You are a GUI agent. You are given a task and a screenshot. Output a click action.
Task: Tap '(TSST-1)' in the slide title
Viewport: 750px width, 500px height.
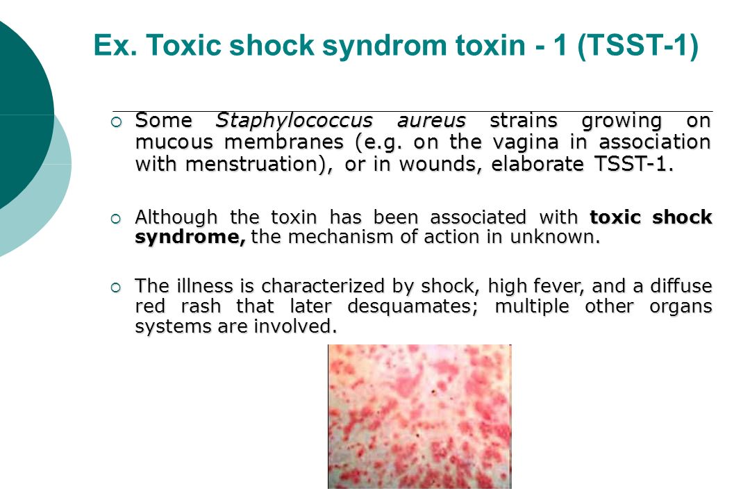click(638, 45)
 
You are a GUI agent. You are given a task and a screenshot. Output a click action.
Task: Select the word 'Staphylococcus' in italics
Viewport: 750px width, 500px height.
click(294, 121)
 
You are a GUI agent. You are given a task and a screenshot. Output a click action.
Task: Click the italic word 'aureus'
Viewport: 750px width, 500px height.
click(431, 121)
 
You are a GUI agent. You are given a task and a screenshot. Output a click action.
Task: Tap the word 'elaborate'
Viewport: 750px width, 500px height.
click(537, 164)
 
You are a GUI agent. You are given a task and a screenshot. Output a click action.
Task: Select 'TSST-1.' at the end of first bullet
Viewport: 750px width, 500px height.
click(634, 164)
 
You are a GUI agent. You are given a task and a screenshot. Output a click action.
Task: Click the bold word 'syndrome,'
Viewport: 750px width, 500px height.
click(190, 237)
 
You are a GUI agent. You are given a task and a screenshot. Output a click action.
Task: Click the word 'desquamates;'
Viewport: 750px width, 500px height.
click(412, 307)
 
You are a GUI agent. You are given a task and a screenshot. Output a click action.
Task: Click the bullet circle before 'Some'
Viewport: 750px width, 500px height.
click(116, 122)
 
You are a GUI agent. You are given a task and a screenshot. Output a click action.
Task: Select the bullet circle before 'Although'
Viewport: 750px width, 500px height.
click(116, 219)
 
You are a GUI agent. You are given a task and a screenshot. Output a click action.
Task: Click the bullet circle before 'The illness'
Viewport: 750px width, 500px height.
click(116, 288)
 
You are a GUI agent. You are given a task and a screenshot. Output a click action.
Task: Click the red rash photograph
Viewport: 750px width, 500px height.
click(419, 416)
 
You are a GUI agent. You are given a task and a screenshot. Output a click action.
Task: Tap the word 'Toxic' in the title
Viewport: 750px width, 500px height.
click(183, 45)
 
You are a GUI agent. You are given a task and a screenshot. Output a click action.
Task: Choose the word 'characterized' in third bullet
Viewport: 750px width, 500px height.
click(323, 286)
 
